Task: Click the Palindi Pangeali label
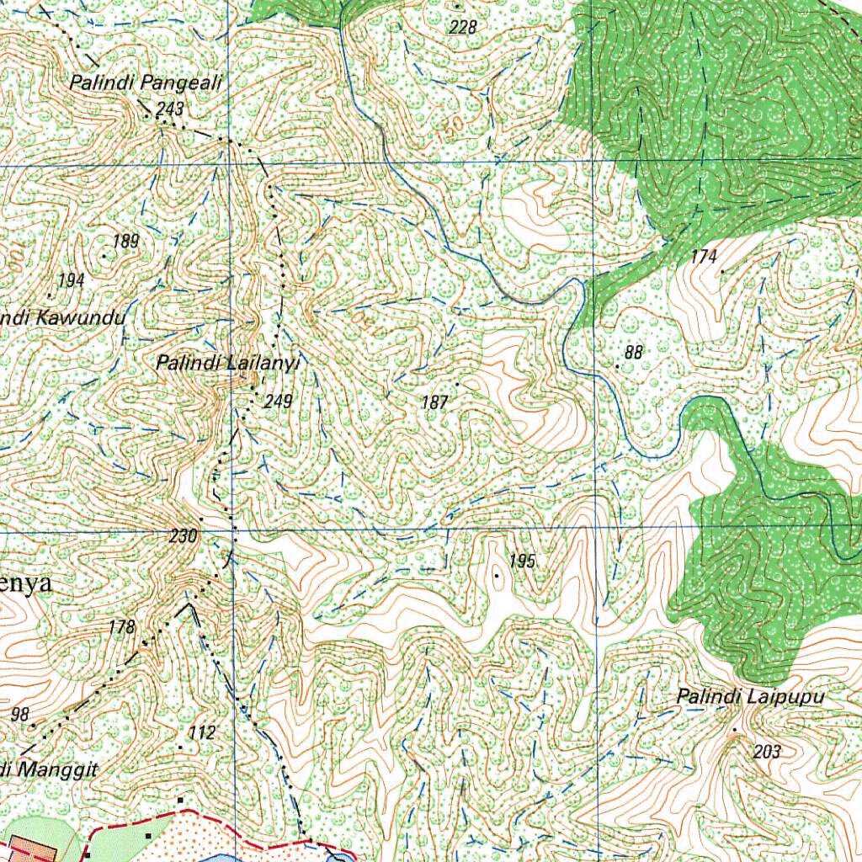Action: (x=145, y=82)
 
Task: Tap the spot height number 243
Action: (x=169, y=109)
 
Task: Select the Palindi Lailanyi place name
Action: (x=227, y=363)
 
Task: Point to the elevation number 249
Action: (x=277, y=402)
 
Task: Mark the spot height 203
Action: (x=767, y=752)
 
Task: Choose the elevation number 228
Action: (x=463, y=28)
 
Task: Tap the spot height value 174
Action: (x=704, y=257)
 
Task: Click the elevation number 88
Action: (x=634, y=353)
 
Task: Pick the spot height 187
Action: (x=434, y=403)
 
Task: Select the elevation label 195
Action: (x=522, y=561)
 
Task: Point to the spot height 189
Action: (x=125, y=242)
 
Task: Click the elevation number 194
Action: (x=71, y=280)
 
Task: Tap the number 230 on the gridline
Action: (x=183, y=536)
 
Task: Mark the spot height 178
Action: (x=122, y=627)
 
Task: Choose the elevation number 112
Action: (x=202, y=733)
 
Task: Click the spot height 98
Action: (x=20, y=715)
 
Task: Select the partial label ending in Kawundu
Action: (x=62, y=318)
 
